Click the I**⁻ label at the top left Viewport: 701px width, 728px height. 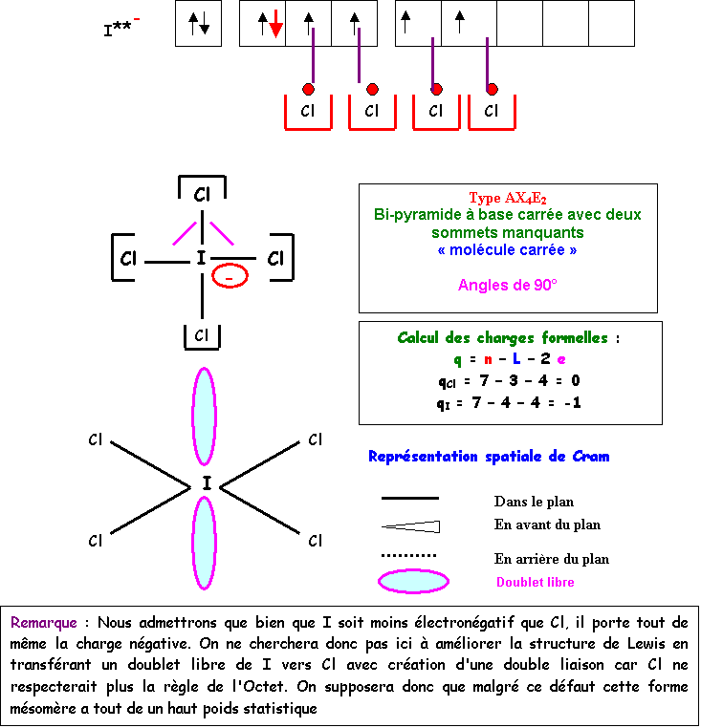pyautogui.click(x=121, y=29)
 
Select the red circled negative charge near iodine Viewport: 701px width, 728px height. pyautogui.click(x=230, y=277)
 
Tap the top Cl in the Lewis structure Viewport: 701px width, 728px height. pyautogui.click(x=202, y=195)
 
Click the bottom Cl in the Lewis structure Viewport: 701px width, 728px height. pyautogui.click(x=202, y=335)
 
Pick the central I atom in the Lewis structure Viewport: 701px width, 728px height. pyautogui.click(x=201, y=258)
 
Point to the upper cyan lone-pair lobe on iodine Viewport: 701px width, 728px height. pyautogui.click(x=204, y=417)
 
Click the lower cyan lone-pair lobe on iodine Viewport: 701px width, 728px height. pyautogui.click(x=204, y=543)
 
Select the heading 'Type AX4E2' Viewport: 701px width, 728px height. pyautogui.click(x=507, y=199)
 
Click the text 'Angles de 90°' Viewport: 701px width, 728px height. pyautogui.click(x=507, y=285)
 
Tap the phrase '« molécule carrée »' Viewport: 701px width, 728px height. pyautogui.click(x=507, y=250)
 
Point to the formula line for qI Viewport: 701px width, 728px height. pyautogui.click(x=509, y=403)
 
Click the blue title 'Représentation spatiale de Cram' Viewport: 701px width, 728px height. pyautogui.click(x=489, y=457)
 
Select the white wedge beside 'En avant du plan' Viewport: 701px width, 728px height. pyautogui.click(x=411, y=526)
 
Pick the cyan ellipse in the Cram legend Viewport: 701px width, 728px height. pyautogui.click(x=413, y=581)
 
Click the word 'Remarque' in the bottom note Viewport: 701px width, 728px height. pyautogui.click(x=44, y=622)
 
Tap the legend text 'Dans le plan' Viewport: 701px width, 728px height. pyautogui.click(x=534, y=502)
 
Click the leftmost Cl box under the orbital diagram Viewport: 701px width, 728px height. pyautogui.click(x=307, y=111)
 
